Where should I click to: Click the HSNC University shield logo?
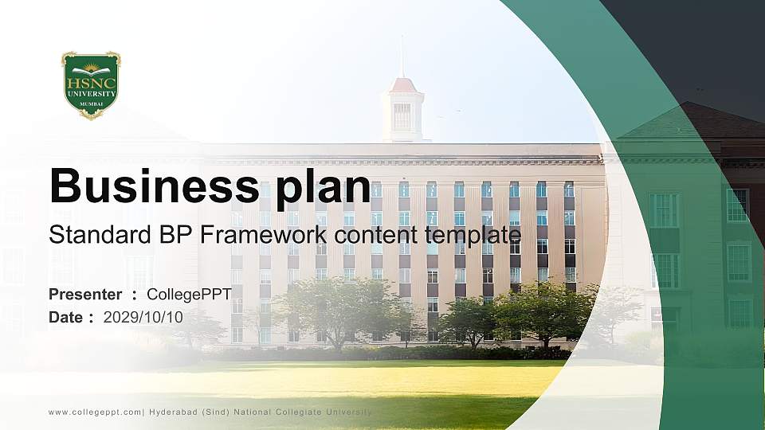(91, 85)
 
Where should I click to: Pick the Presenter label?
(85, 295)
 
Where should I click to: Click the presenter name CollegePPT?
(189, 295)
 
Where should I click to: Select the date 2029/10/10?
(143, 317)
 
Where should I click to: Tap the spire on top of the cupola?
(402, 56)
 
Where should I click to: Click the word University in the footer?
(348, 412)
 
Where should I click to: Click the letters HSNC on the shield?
(91, 82)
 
